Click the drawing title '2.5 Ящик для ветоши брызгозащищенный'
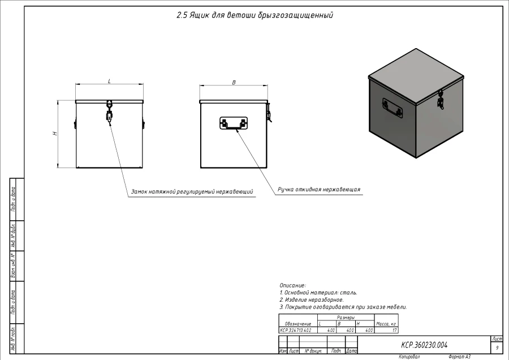click(255, 15)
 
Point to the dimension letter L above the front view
click(109, 81)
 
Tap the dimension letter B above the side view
click(234, 82)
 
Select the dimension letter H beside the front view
click(55, 134)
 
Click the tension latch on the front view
click(109, 112)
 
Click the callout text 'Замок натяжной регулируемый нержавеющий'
click(192, 192)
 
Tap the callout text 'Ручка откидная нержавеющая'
click(319, 190)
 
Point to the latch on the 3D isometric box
click(440, 101)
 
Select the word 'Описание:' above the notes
click(293, 285)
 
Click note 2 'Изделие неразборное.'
click(312, 299)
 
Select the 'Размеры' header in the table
click(346, 318)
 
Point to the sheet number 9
click(497, 348)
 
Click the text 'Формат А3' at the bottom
click(459, 357)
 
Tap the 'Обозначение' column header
click(298, 324)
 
